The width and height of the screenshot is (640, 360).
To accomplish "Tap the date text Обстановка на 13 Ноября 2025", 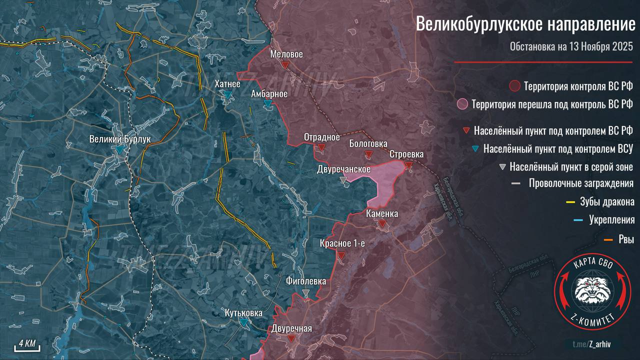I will (x=571, y=47).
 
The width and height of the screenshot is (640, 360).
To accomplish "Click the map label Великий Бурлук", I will (x=119, y=139).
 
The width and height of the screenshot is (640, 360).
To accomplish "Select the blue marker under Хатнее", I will (x=227, y=94).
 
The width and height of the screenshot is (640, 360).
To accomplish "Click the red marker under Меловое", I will (x=285, y=65).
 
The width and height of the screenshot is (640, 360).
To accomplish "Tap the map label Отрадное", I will (x=321, y=137).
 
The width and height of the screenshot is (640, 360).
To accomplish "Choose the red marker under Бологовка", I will (x=368, y=154).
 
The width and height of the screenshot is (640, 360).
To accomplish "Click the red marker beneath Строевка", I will (x=408, y=165).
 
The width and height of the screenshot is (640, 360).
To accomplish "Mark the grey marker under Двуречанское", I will (x=343, y=179).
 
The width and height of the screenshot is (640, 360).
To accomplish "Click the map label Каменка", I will (x=382, y=214).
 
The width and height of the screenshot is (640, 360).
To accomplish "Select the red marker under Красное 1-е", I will (x=341, y=255).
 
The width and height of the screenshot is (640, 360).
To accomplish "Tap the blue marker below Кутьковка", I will (x=243, y=323).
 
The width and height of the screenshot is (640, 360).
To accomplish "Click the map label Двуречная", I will (x=291, y=328).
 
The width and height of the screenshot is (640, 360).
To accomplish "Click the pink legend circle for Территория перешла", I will (x=463, y=104).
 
